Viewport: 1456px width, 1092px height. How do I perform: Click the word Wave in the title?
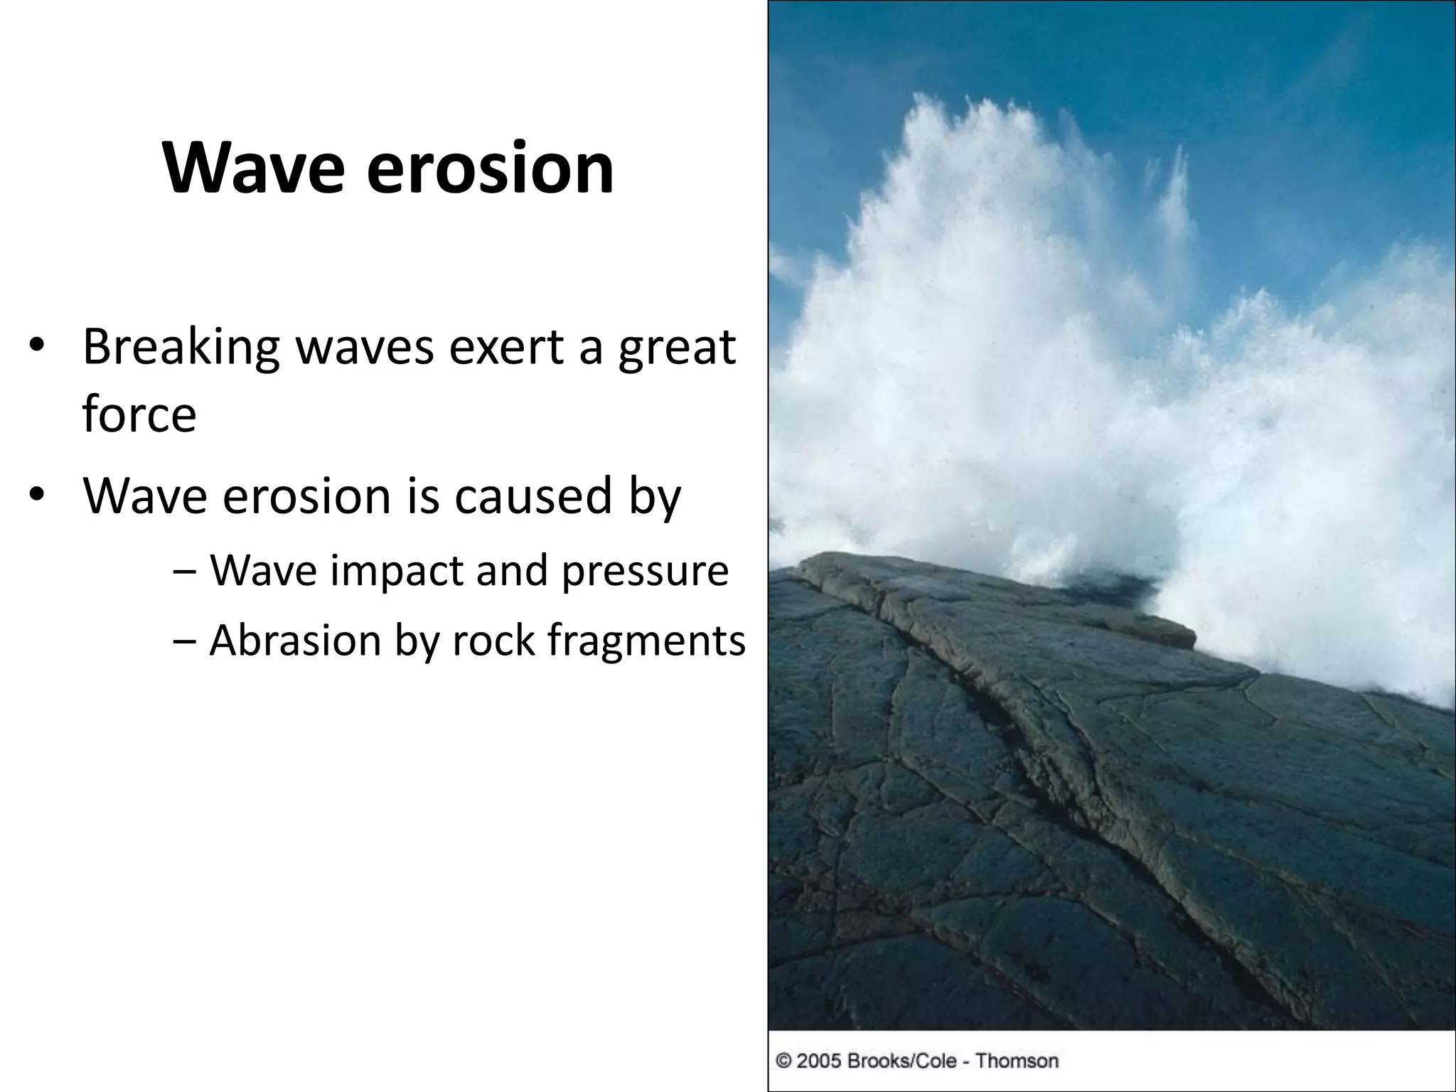click(253, 169)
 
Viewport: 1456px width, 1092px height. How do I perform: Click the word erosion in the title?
click(490, 169)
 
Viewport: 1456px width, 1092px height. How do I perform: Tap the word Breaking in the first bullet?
click(181, 348)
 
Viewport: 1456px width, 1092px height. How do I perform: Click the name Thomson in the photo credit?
click(1017, 1061)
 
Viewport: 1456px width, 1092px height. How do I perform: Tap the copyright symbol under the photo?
click(783, 1061)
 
